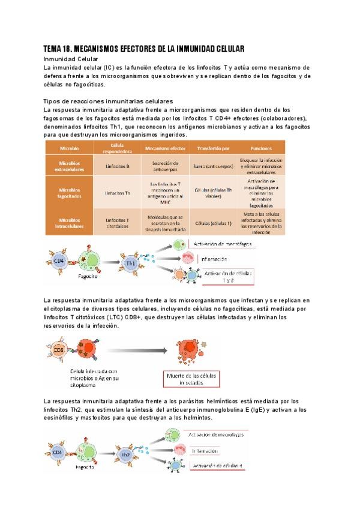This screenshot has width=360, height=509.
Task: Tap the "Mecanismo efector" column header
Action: [164, 148]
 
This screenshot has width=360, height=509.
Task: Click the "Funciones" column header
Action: [261, 148]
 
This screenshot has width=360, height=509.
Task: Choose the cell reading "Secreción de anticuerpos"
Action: [164, 165]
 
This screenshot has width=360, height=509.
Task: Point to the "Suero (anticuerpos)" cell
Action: [214, 165]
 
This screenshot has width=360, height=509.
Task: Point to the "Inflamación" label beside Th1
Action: [207, 259]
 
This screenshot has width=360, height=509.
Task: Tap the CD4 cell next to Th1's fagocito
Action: [59, 262]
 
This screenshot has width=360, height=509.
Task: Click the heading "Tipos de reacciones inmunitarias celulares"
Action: [109, 101]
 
